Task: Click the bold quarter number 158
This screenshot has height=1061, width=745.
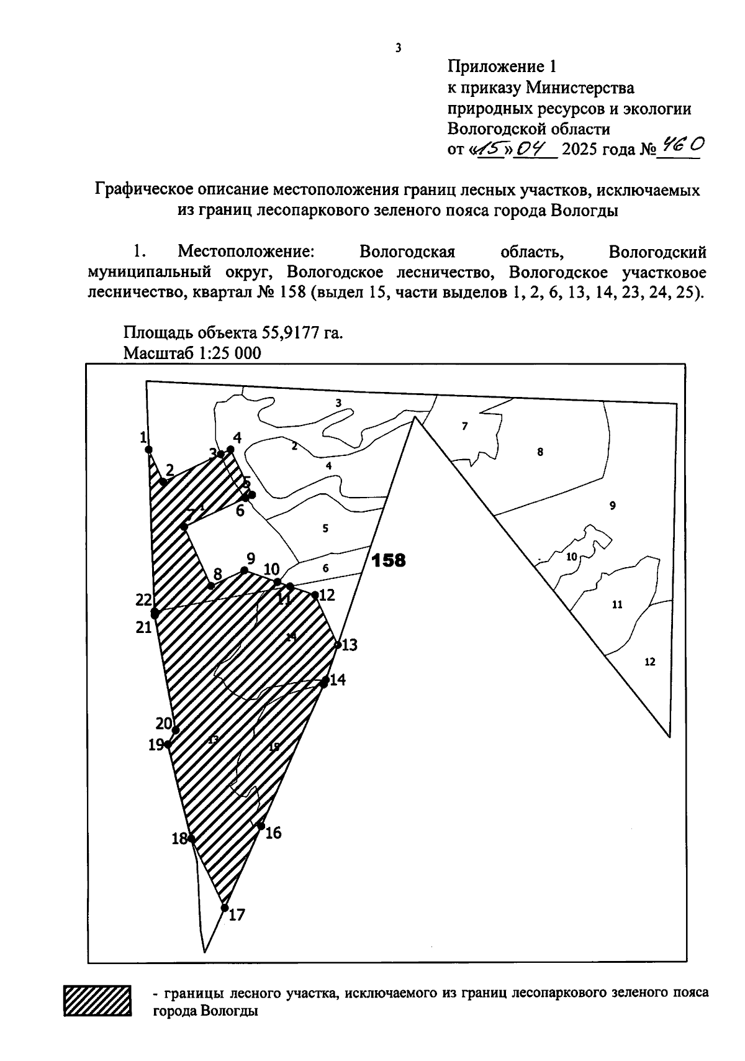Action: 388,560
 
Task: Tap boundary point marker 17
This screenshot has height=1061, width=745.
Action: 225,908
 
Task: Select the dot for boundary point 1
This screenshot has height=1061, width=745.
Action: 148,449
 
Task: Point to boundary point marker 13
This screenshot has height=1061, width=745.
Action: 338,644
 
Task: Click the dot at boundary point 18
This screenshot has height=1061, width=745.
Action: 191,839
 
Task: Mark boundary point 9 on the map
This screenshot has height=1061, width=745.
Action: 245,570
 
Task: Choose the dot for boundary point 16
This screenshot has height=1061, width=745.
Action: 261,826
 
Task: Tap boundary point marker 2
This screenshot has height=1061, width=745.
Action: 163,481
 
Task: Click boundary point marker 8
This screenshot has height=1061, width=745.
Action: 211,586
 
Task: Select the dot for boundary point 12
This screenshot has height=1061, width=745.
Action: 315,595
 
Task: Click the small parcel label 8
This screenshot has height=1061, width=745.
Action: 540,452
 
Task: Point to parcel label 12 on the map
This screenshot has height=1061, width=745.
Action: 650,662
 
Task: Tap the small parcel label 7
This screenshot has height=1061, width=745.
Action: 464,426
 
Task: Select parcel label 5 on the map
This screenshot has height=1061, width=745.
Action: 325,529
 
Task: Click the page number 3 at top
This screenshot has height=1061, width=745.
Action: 398,48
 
